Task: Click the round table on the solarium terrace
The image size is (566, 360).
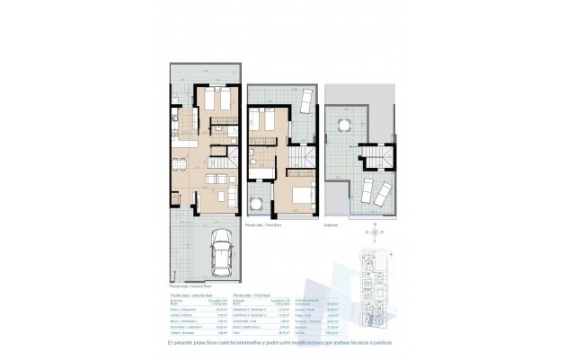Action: (x=344, y=124)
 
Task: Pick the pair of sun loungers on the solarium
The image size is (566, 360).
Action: (x=373, y=190)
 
